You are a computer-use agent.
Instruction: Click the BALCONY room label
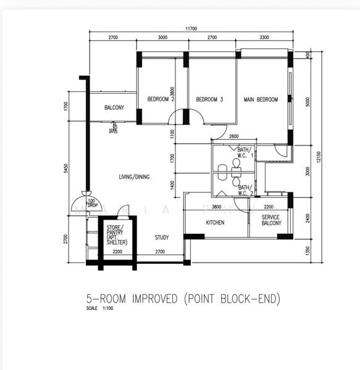point(114,108)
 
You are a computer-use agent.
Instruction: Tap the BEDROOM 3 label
point(209,99)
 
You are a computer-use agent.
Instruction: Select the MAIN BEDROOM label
point(261,99)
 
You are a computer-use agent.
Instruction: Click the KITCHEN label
point(215,222)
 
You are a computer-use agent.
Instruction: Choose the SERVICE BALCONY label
point(271,220)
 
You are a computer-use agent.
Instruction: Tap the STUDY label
point(162,237)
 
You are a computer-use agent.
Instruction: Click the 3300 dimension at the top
point(264,38)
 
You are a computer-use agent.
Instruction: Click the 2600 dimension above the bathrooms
point(233,137)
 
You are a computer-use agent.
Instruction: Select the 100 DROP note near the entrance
point(91,203)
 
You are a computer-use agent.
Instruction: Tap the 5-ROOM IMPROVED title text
point(183,299)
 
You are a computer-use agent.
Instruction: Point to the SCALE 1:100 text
point(99,309)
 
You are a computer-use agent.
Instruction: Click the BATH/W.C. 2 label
point(245,189)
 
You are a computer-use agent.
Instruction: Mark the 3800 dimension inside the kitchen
point(217,207)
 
